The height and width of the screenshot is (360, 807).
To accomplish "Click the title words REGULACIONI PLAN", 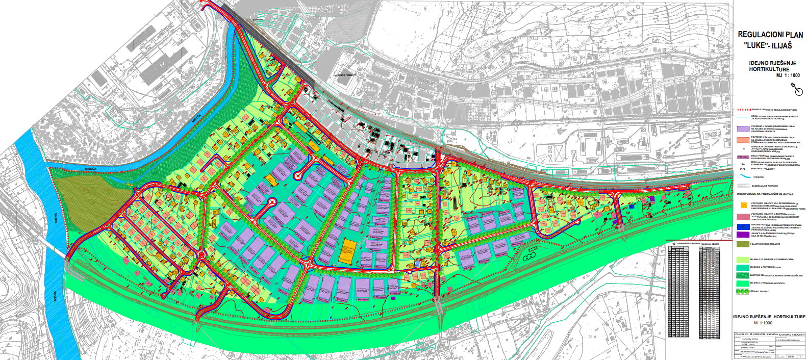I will tap(770, 35).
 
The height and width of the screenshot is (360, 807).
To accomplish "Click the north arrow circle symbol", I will tap(799, 92).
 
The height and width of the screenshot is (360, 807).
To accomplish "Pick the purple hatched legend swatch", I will tap(743, 128).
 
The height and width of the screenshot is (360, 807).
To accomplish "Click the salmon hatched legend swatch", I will tap(743, 140).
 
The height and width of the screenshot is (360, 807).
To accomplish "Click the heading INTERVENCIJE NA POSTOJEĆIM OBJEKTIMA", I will tap(765, 194).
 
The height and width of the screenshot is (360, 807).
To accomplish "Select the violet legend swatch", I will tap(743, 235).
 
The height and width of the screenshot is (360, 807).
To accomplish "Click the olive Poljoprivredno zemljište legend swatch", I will tap(743, 244).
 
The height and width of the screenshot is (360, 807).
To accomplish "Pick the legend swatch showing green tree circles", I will tap(743, 291).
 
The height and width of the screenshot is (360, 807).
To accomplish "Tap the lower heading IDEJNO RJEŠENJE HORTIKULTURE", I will tap(769, 317).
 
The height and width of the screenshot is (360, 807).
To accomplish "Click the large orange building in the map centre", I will tap(348, 251).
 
